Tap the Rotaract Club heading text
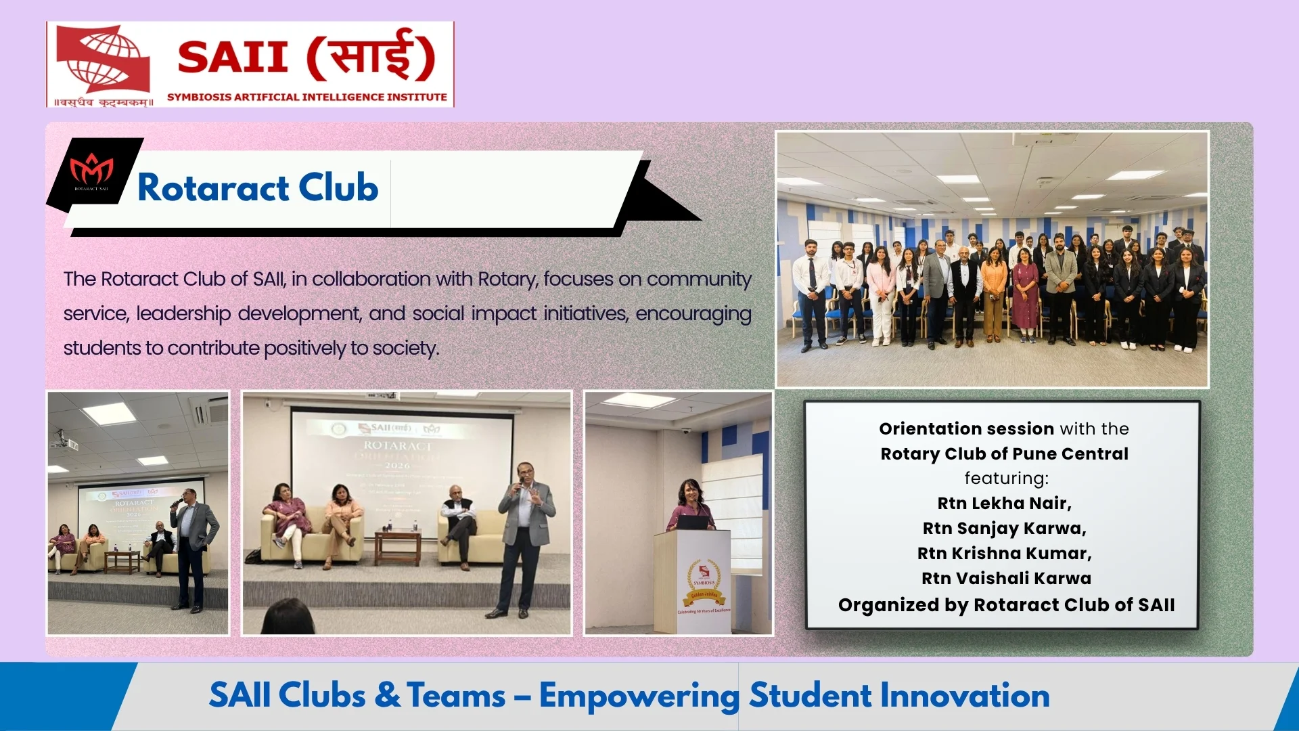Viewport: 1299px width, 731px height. (258, 187)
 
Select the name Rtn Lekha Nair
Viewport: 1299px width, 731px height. (1004, 503)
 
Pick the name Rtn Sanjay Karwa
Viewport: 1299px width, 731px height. (1004, 528)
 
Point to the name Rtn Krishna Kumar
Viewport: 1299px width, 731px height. (1004, 553)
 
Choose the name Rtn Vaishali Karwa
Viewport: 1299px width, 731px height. (1006, 578)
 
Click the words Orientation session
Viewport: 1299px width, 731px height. (966, 428)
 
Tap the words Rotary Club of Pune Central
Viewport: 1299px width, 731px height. (1004, 453)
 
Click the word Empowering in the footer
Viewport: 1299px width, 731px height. (639, 696)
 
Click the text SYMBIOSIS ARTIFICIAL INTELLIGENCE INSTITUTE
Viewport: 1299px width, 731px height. (307, 97)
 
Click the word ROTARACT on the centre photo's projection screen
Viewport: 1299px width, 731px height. (398, 445)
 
